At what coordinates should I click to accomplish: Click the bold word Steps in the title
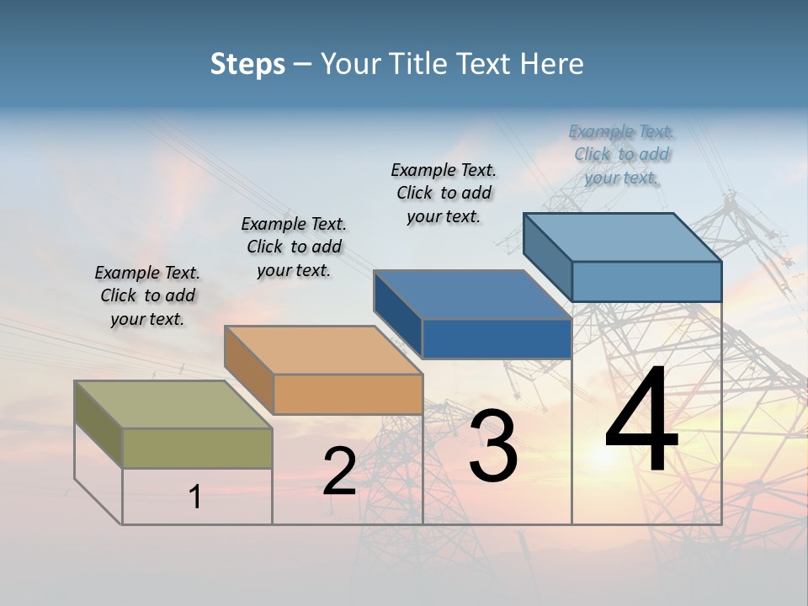click(247, 64)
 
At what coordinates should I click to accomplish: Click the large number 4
click(641, 421)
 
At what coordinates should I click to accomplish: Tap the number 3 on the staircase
click(492, 446)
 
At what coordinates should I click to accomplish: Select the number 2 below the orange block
click(339, 472)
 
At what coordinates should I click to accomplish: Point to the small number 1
click(195, 497)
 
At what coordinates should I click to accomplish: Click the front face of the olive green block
click(197, 448)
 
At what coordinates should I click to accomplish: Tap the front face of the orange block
click(348, 394)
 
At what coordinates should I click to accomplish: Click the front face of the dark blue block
click(497, 338)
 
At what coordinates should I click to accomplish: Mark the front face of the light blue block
click(646, 281)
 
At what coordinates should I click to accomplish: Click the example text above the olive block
click(147, 295)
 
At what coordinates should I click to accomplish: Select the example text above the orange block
click(294, 247)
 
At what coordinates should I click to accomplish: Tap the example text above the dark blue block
click(444, 193)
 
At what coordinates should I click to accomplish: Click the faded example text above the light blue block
click(621, 154)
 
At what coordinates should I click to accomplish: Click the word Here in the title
click(553, 64)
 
